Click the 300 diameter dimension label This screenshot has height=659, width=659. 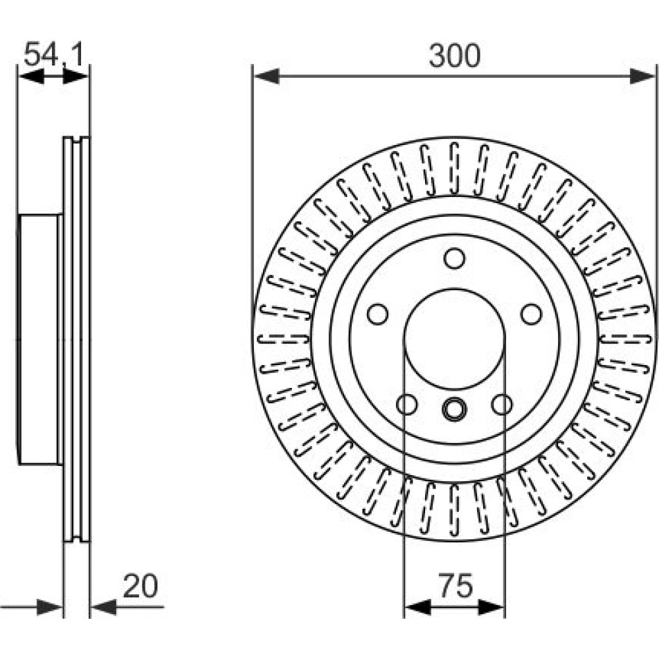click(x=454, y=56)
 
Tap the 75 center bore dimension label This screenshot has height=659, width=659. click(x=455, y=586)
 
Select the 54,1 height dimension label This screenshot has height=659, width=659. click(x=54, y=54)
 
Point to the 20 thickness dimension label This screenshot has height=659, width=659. click(x=140, y=586)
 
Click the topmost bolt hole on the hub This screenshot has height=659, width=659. click(x=454, y=258)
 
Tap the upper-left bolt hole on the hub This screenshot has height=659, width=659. click(x=378, y=314)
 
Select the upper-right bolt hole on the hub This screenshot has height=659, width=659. click(x=531, y=314)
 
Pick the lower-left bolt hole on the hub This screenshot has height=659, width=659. click(x=407, y=405)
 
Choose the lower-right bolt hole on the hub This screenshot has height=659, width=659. click(x=502, y=405)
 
